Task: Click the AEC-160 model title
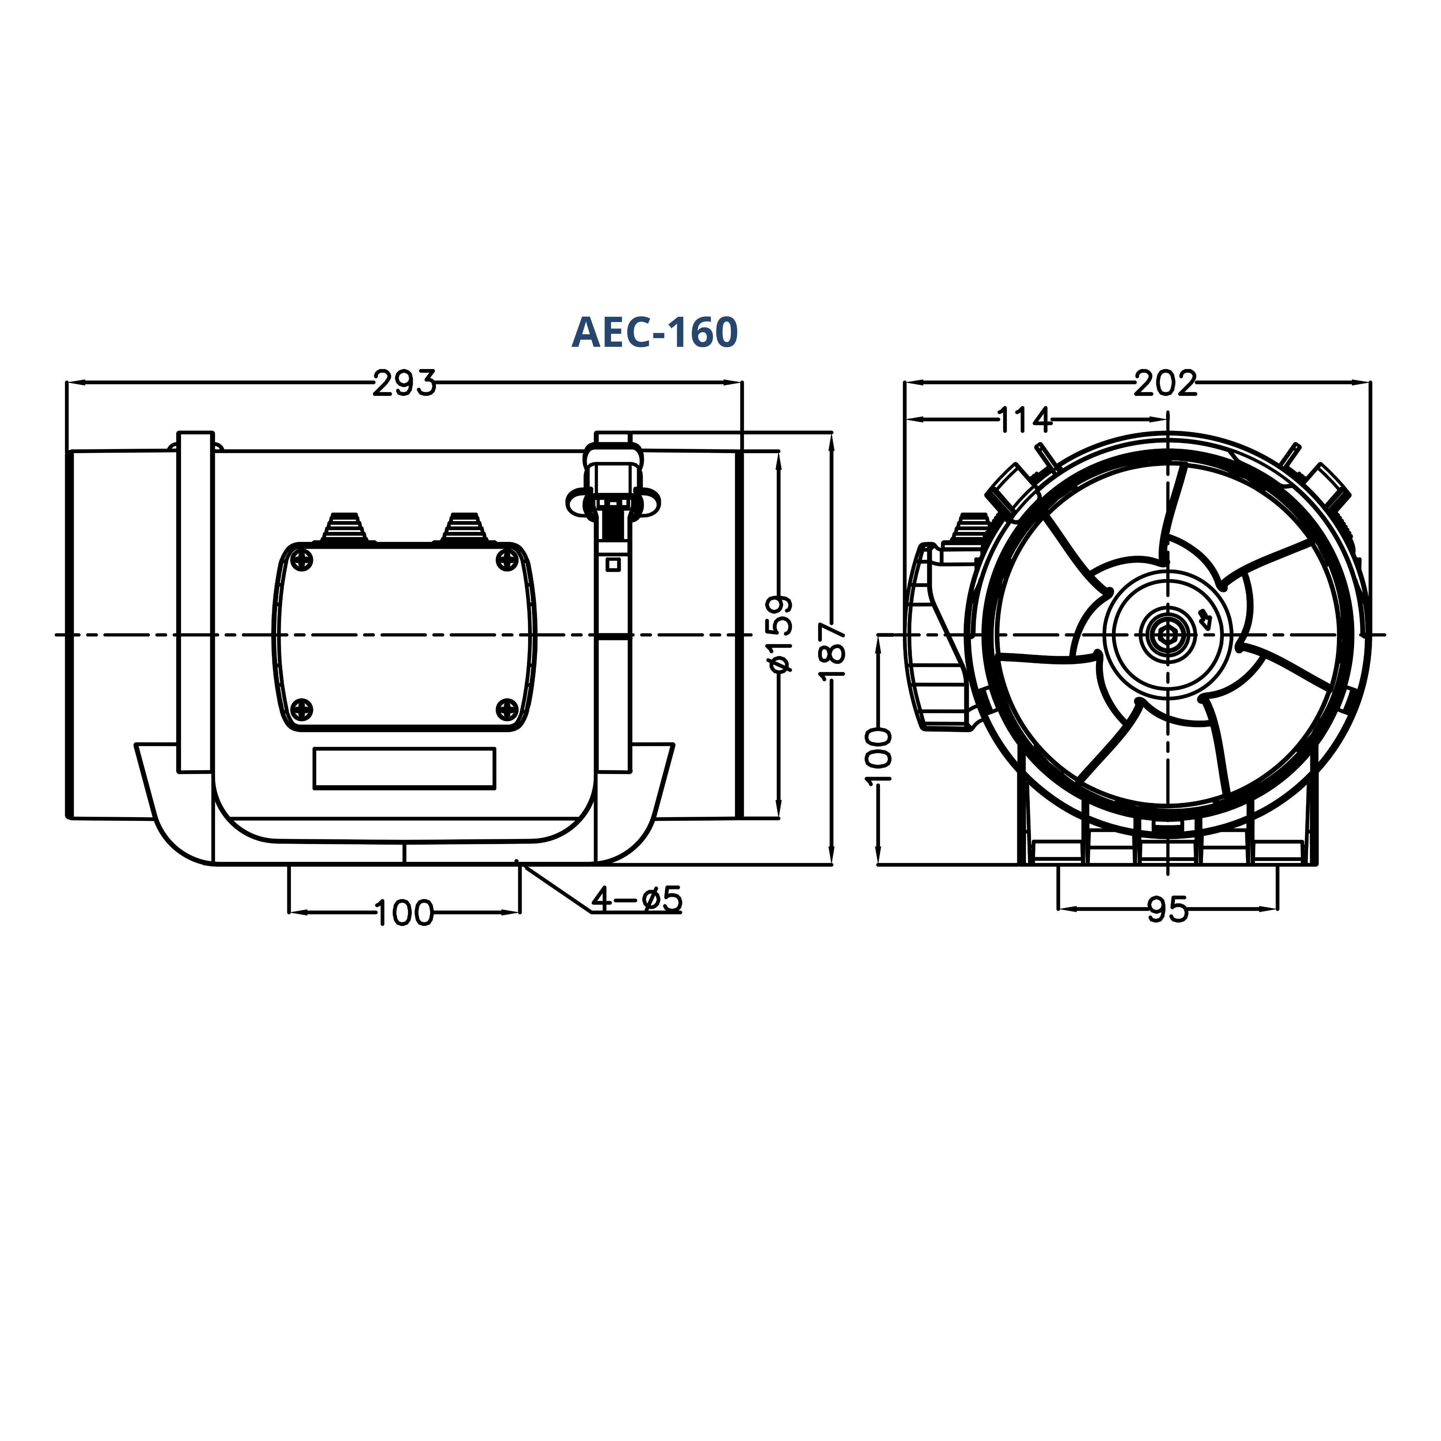coord(654,333)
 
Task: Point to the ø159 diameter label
coord(780,634)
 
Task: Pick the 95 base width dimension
coord(1167,910)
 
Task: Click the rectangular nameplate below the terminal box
coord(404,768)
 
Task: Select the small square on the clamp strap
coord(613,565)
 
